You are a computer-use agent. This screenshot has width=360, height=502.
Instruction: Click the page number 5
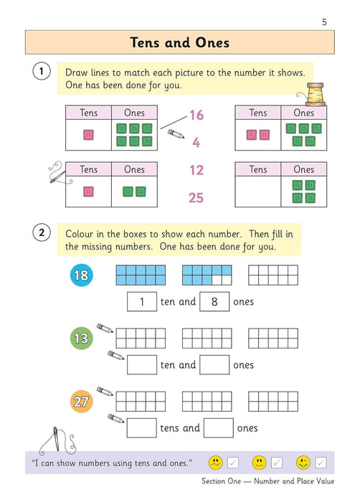click(x=324, y=22)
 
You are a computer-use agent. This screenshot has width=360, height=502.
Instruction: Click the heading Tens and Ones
click(x=180, y=42)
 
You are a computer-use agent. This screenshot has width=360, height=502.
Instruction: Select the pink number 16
click(x=196, y=115)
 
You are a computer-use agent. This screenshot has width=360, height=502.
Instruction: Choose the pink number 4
click(x=196, y=143)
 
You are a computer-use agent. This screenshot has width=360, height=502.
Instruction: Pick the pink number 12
click(x=196, y=171)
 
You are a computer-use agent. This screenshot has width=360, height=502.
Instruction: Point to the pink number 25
click(x=196, y=198)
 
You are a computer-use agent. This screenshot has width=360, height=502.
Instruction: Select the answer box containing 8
click(x=214, y=302)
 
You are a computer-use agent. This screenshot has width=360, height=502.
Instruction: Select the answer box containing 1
click(x=142, y=302)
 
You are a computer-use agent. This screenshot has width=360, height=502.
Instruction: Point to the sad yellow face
click(x=214, y=463)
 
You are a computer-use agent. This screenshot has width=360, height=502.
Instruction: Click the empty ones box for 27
click(x=218, y=428)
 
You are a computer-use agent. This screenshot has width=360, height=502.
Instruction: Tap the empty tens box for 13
click(x=142, y=364)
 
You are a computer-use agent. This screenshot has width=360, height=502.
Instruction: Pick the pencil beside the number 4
click(x=175, y=134)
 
